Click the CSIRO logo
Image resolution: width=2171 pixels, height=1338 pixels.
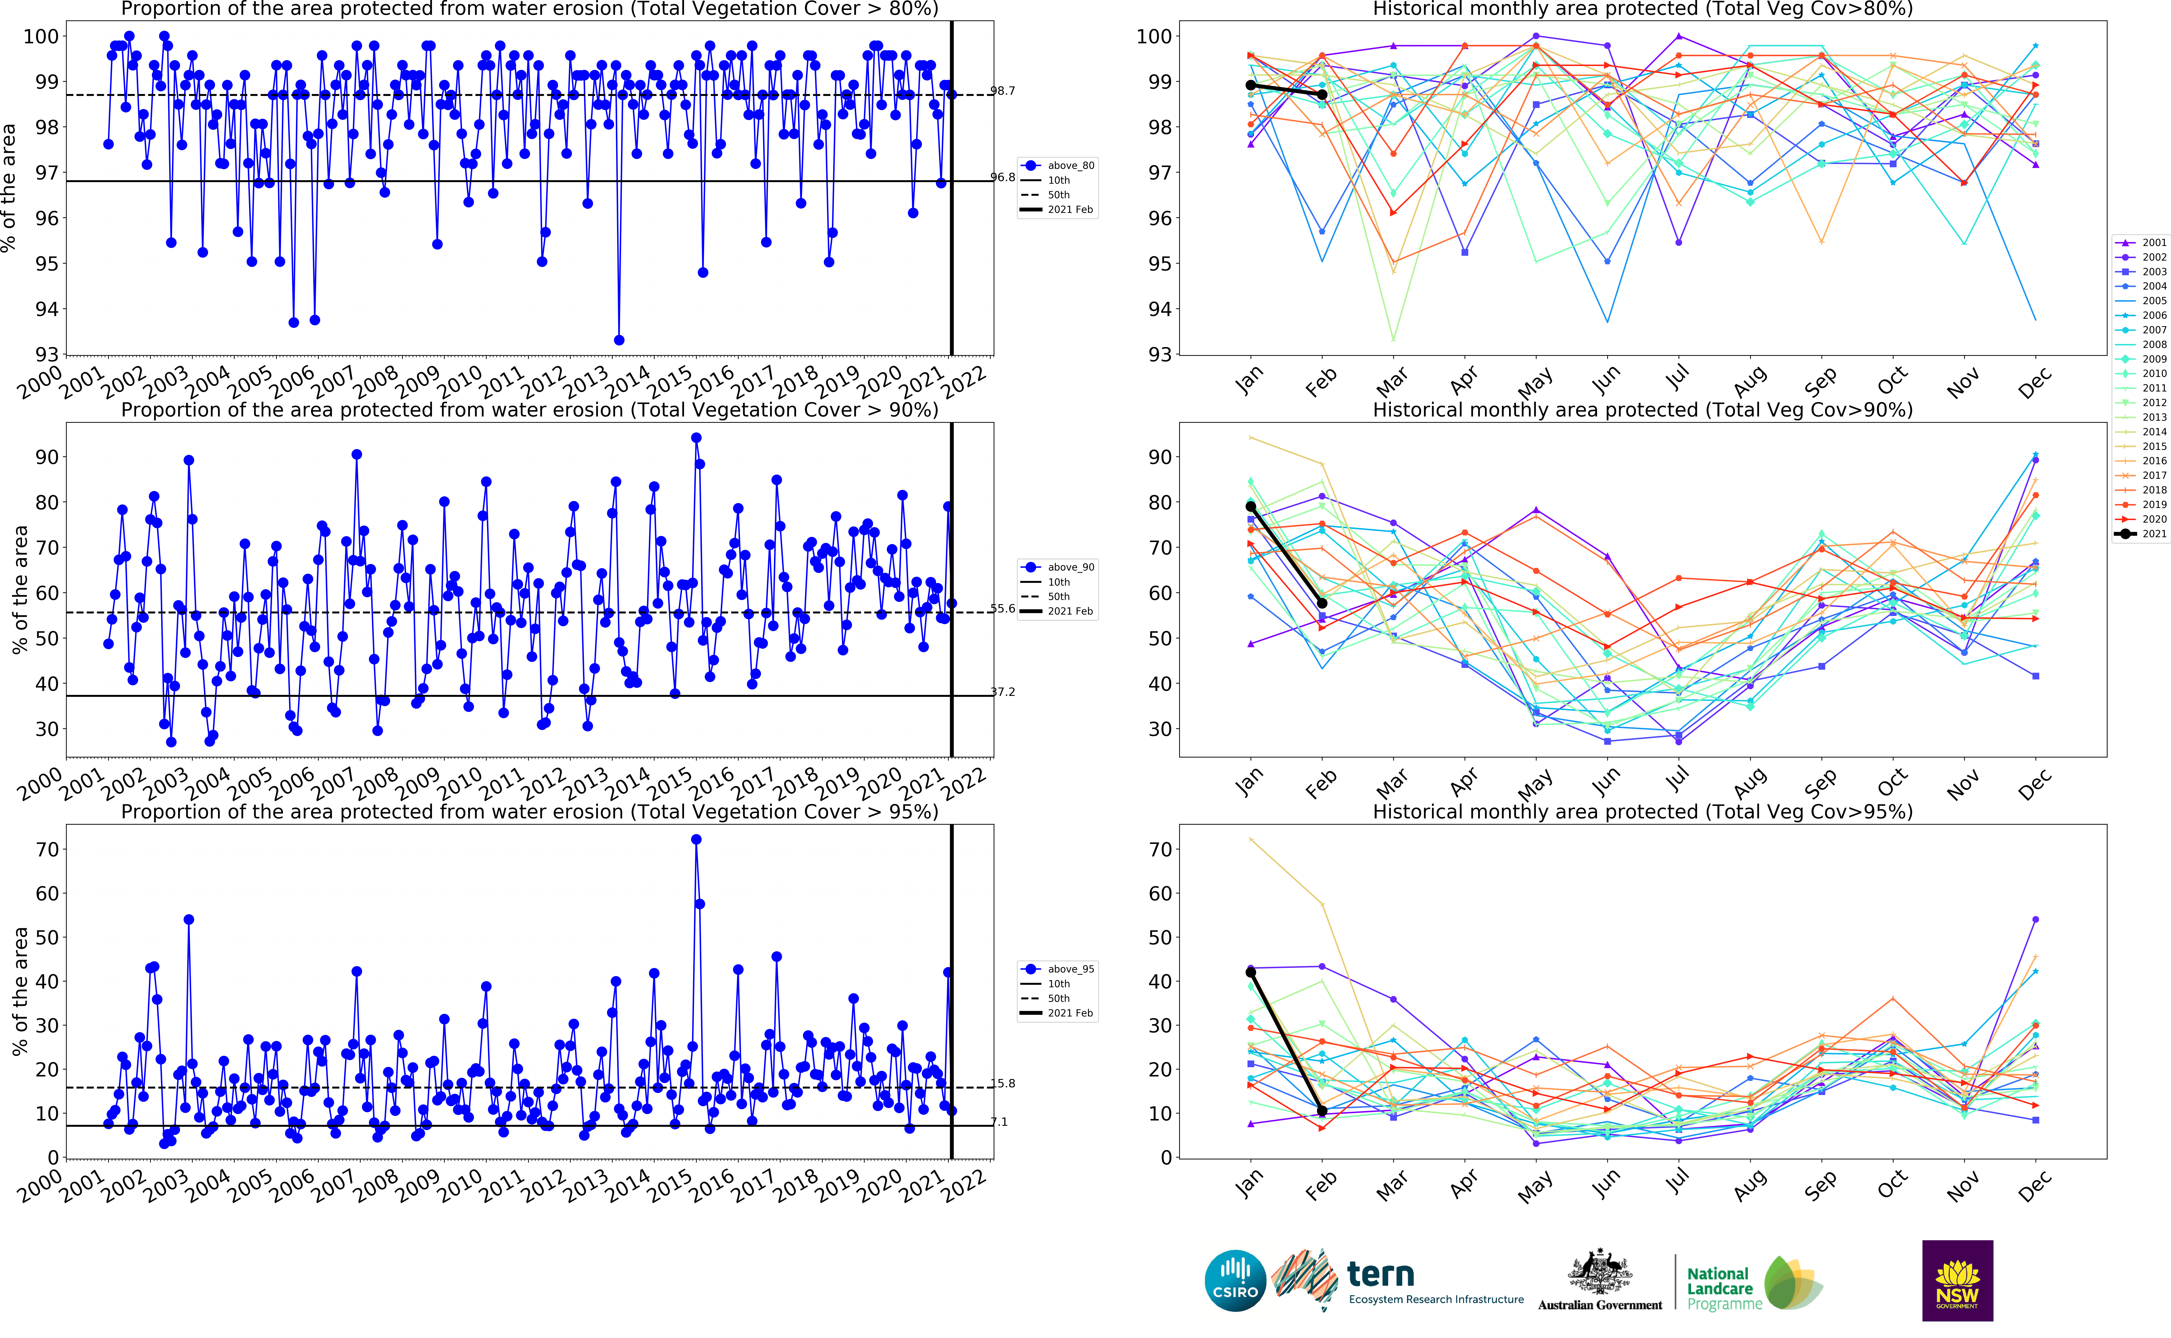point(1235,1281)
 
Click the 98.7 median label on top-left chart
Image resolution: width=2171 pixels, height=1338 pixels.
point(1002,91)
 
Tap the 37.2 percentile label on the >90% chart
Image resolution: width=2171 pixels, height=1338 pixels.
point(1002,692)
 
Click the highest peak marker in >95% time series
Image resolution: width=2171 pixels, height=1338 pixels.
point(696,840)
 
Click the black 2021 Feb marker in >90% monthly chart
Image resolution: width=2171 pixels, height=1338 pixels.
point(1322,603)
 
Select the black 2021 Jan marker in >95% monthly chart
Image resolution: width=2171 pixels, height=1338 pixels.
point(1250,972)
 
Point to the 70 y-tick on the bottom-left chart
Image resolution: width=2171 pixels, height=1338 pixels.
point(46,849)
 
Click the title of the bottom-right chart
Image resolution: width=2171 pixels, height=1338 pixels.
point(1642,811)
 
